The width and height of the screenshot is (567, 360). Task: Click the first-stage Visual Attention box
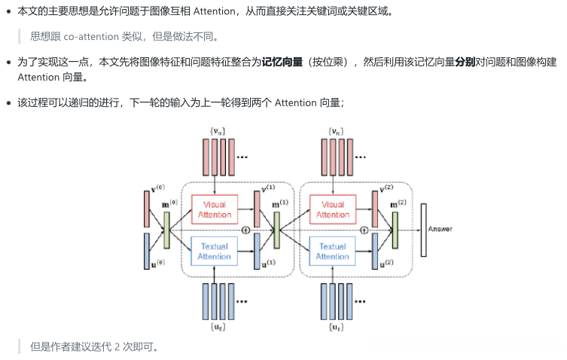[215, 209]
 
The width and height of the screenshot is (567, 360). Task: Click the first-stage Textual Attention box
[215, 252]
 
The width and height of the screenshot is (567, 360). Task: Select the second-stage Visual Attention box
[332, 209]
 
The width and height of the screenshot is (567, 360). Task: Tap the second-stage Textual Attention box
[332, 252]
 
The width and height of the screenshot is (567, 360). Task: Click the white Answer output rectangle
[424, 229]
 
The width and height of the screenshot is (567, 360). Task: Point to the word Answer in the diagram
[440, 229]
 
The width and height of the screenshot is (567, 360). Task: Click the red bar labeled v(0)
[148, 209]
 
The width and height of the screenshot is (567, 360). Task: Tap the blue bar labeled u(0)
[148, 251]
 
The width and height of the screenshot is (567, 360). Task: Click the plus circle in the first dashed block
[245, 229]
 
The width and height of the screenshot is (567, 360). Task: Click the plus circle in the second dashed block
[364, 229]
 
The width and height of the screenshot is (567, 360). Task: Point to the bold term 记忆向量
[282, 62]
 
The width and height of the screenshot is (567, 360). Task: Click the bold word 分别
[465, 62]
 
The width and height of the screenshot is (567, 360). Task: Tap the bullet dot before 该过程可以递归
[8, 102]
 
